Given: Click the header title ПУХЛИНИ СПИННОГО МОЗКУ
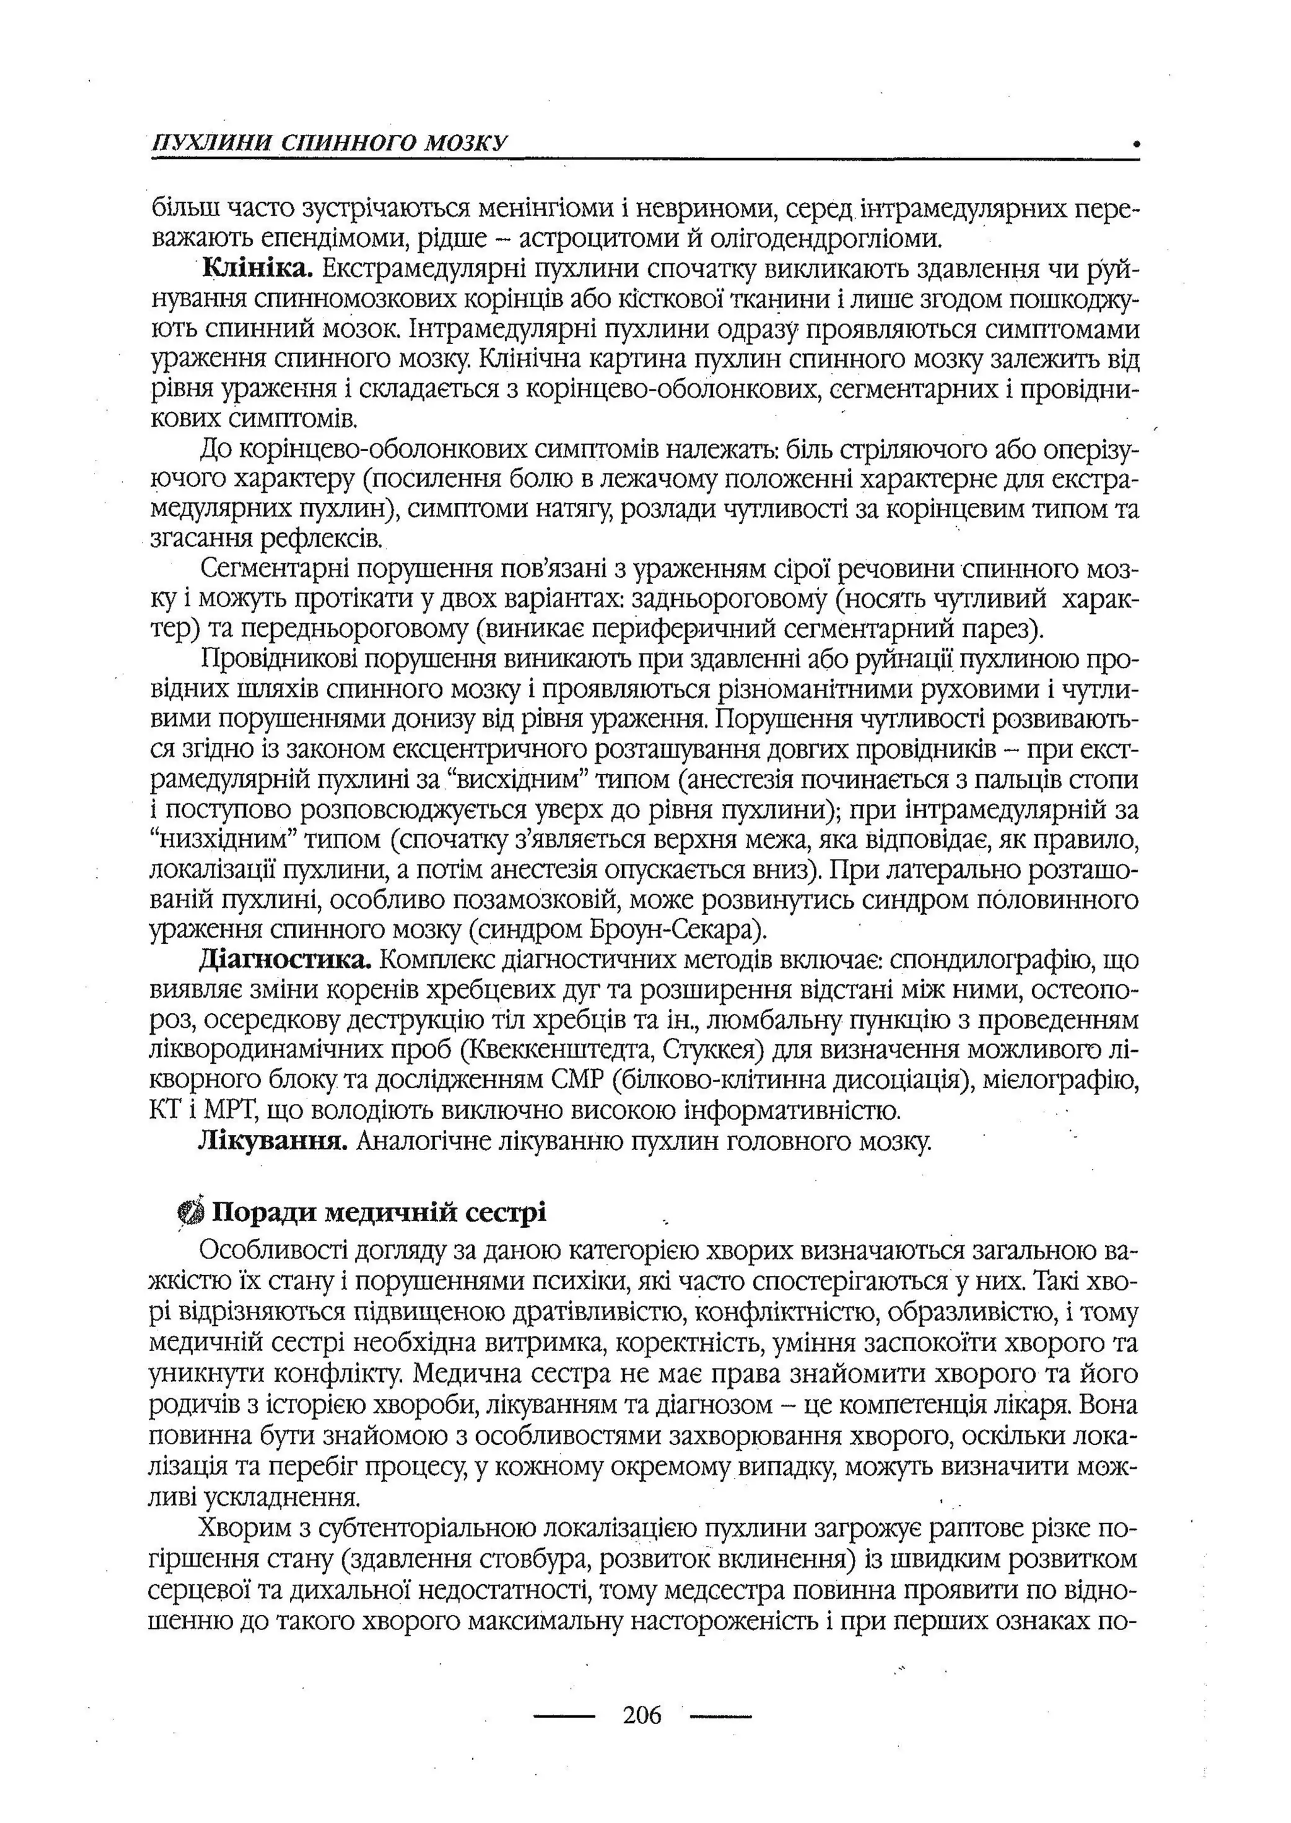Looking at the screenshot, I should click(329, 144).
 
